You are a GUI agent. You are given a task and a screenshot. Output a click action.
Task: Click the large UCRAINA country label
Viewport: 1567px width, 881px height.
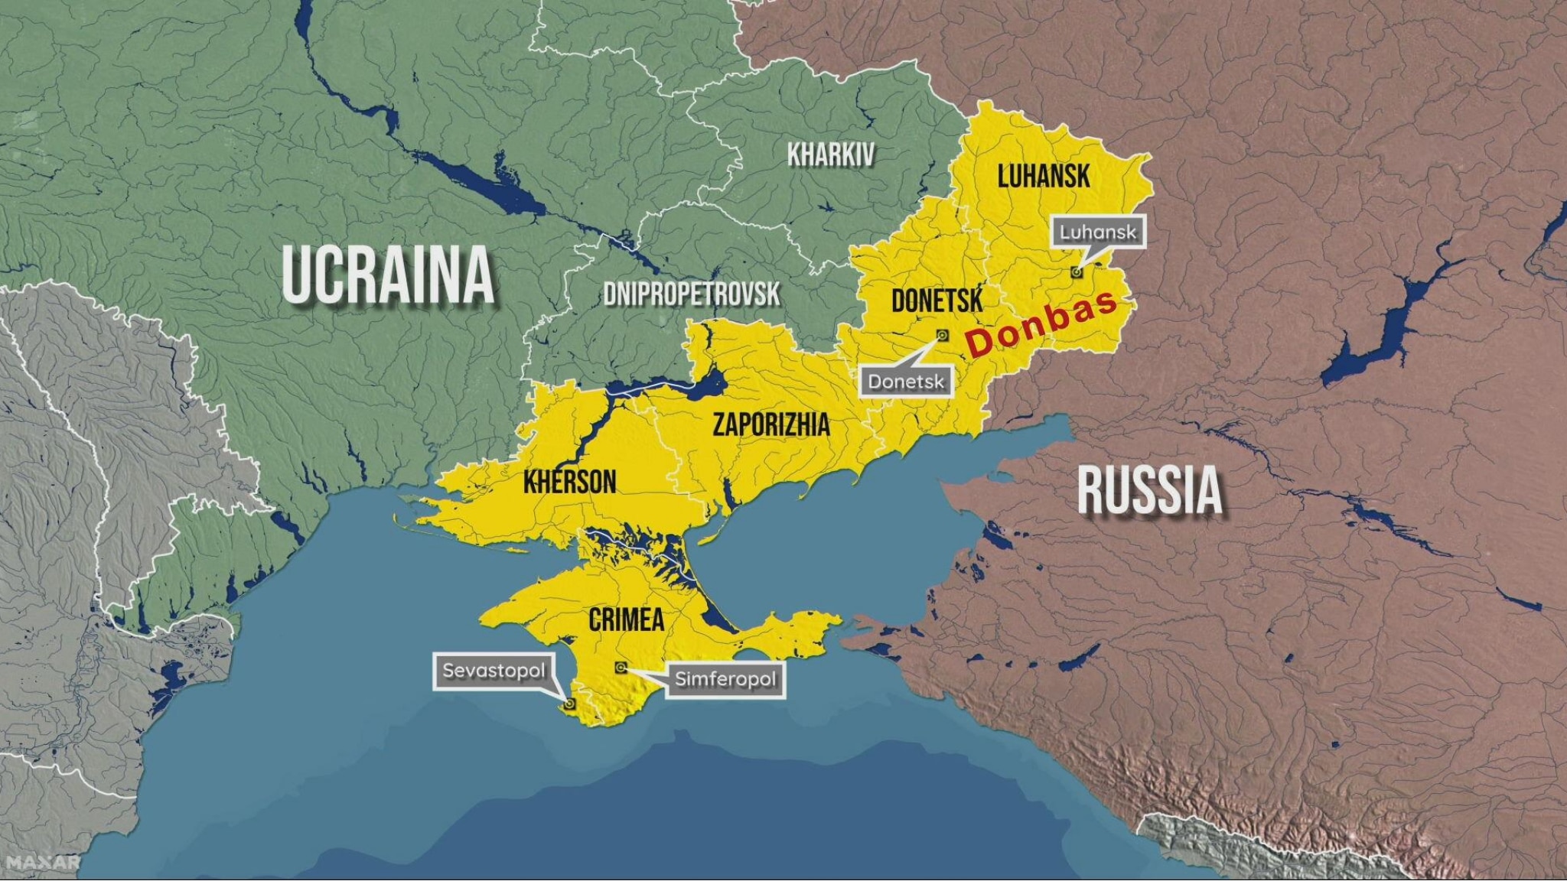click(x=389, y=275)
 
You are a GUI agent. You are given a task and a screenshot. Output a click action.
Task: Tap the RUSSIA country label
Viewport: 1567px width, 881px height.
click(x=1150, y=490)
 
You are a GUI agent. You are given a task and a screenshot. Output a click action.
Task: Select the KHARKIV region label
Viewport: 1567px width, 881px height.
click(x=831, y=155)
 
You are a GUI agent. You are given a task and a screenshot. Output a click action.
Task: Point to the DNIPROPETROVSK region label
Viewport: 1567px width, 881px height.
click(x=692, y=294)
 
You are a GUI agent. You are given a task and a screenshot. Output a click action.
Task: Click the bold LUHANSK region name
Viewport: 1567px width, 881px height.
click(x=1044, y=177)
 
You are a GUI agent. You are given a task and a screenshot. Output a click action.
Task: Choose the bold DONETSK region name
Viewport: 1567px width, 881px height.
click(x=937, y=301)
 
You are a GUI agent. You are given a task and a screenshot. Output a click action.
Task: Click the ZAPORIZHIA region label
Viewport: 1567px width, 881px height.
click(x=770, y=424)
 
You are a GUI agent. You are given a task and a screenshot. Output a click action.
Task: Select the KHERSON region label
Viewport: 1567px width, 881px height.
click(x=570, y=482)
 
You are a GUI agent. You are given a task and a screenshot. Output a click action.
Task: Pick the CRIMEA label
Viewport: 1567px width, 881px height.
click(x=626, y=619)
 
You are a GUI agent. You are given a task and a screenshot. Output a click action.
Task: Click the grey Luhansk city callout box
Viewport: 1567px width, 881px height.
click(x=1098, y=232)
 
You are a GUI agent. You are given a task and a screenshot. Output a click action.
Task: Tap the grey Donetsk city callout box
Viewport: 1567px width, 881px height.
click(x=906, y=381)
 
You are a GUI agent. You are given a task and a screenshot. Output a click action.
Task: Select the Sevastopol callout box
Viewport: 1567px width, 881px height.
click(x=494, y=671)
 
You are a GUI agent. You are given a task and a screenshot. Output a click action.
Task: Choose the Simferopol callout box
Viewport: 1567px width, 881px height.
click(x=725, y=679)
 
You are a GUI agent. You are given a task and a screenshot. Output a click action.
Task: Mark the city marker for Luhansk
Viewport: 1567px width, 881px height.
click(x=1077, y=271)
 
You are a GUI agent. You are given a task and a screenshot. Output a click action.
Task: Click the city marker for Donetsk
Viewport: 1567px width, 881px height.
click(x=943, y=335)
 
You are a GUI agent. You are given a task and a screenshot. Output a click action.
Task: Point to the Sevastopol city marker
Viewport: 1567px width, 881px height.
click(x=569, y=704)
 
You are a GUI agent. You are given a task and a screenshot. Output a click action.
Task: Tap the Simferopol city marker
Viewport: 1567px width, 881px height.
click(x=621, y=668)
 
